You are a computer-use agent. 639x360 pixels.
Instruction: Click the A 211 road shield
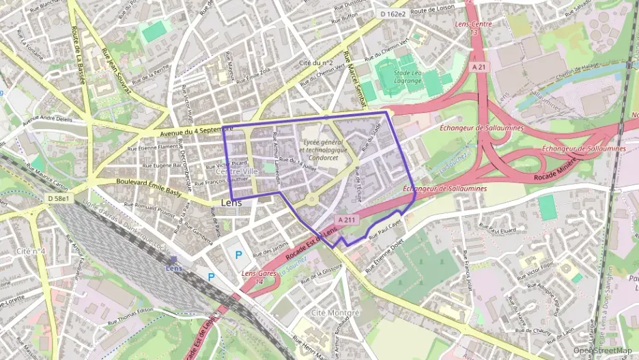[x=346, y=219]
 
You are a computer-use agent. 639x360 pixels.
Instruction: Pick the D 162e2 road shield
[x=393, y=13]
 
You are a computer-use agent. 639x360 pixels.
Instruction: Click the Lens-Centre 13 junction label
[x=472, y=28]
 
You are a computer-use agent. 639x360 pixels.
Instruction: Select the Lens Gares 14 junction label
[x=253, y=277]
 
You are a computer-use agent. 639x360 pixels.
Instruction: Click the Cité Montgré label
[x=335, y=312]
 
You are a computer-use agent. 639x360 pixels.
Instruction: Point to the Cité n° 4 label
[x=31, y=251]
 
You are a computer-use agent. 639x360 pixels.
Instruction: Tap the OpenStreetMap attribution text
[x=602, y=350]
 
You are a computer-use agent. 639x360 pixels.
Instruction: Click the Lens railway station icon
[x=173, y=260]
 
